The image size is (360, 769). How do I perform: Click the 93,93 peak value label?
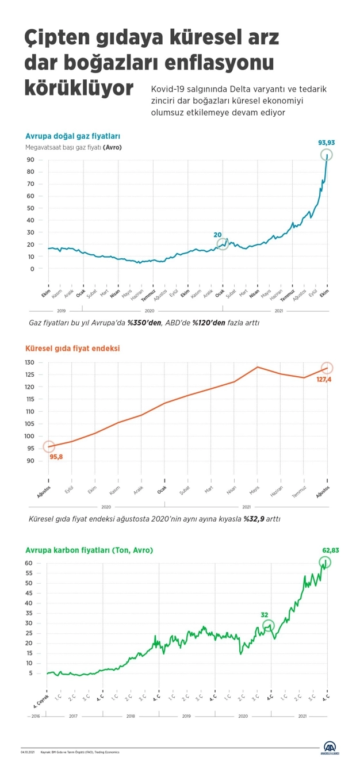327,143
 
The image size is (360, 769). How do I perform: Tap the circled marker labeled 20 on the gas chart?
223,244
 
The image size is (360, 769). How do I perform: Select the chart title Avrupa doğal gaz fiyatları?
72,136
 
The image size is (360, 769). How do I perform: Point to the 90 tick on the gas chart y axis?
31,160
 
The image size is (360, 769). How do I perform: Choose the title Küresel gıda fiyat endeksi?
72,348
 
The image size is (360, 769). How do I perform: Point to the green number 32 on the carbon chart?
265,614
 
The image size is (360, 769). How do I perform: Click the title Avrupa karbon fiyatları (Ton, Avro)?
89,550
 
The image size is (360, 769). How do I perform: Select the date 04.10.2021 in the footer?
28,752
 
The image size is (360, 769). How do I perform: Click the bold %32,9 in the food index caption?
254,518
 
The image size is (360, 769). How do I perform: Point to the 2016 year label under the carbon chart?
35,716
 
